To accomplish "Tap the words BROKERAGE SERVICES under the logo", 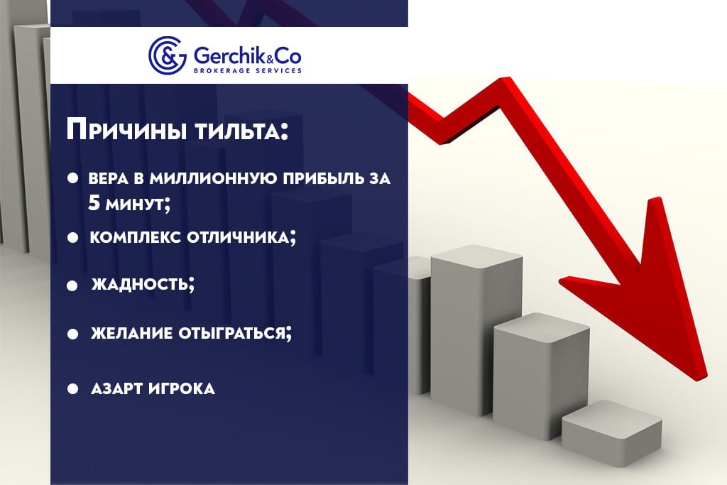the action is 248,70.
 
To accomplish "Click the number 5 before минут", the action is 94,203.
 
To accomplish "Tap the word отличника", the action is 241,238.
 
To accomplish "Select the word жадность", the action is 142,283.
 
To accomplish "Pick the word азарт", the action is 117,388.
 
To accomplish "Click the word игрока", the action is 182,388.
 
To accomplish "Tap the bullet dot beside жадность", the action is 72,285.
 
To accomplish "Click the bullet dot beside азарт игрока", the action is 72,388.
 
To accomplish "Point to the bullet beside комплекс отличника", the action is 72,238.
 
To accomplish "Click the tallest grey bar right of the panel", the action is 476,329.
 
